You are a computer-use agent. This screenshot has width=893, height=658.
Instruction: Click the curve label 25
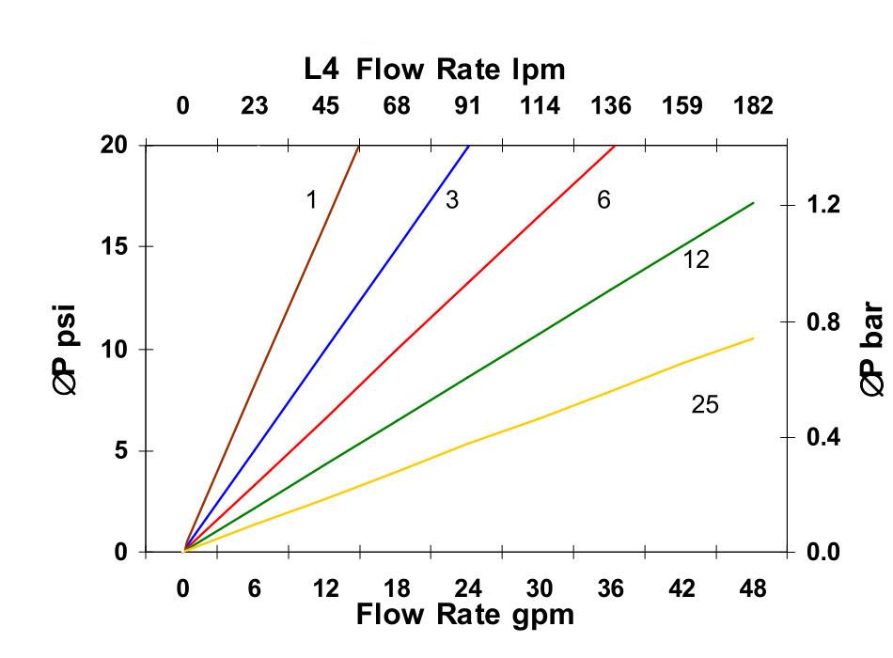[x=704, y=405]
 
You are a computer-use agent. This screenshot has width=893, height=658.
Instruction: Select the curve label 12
[x=696, y=259]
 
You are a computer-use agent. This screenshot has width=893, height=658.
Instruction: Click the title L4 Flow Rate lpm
[x=434, y=70]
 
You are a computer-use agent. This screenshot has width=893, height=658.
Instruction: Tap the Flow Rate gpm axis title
[x=464, y=616]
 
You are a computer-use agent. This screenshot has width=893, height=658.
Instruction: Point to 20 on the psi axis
[x=113, y=146]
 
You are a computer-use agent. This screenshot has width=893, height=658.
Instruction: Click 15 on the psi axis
[x=113, y=247]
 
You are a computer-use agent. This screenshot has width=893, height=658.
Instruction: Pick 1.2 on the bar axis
[x=823, y=205]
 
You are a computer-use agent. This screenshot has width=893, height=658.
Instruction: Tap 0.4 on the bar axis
[x=823, y=437]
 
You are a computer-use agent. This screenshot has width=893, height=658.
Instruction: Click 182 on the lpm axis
[x=753, y=105]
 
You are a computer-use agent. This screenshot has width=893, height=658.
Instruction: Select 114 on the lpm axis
[x=540, y=105]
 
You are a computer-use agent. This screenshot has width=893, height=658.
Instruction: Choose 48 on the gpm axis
[x=753, y=589]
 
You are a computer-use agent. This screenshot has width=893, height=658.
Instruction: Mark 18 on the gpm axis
[x=397, y=589]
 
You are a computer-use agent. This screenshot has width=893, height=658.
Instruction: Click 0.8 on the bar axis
[x=823, y=321]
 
